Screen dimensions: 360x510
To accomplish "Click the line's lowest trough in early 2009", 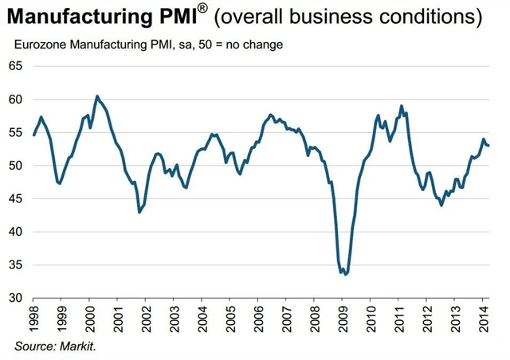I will [x=346, y=274].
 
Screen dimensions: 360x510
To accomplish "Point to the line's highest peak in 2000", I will [x=97, y=96].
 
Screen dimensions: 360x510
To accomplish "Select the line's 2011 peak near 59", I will [x=402, y=106].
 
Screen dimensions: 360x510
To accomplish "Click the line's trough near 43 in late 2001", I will [x=139, y=213].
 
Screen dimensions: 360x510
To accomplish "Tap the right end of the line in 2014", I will [x=489, y=145].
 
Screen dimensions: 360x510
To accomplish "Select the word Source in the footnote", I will [x=34, y=346].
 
